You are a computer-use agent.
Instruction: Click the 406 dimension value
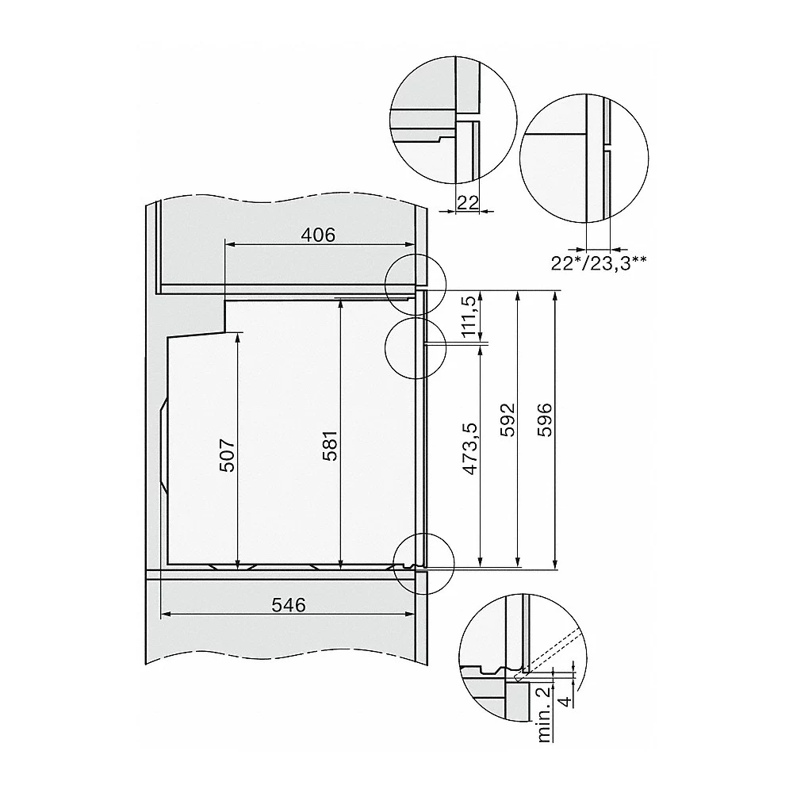(x=318, y=235)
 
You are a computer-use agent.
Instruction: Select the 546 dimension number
(x=289, y=605)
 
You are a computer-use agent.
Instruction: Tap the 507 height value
(x=228, y=455)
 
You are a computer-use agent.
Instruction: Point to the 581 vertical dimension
(x=329, y=446)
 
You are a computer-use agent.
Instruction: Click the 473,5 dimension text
(x=470, y=449)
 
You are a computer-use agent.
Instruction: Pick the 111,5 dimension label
(x=469, y=317)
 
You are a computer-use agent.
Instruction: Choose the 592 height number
(x=508, y=419)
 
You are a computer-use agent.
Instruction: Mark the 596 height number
(x=545, y=419)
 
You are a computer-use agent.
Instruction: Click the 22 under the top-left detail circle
(x=468, y=202)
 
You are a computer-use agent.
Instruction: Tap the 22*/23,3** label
(x=598, y=263)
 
